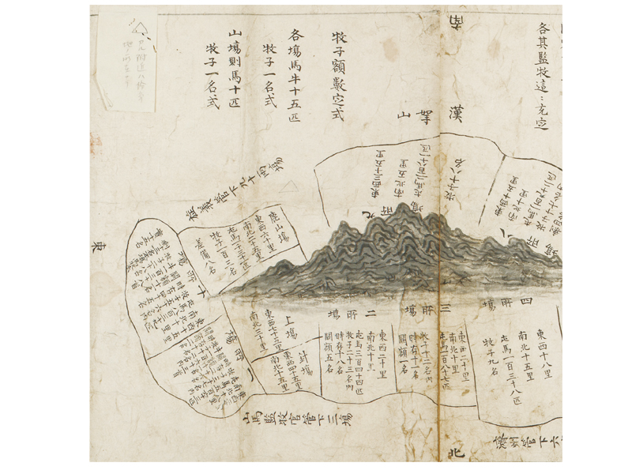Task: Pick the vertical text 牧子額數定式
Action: click(337, 75)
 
